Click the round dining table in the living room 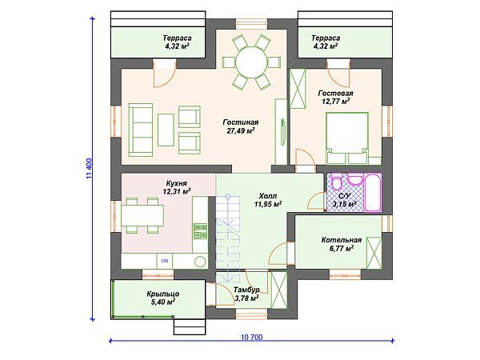251,62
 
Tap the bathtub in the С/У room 373,192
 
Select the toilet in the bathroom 337,182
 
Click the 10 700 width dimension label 252,338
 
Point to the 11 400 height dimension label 89,169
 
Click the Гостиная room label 241,122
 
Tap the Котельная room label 342,240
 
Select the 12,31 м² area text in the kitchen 177,192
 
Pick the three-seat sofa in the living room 141,130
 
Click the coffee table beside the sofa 166,130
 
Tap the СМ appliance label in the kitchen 165,261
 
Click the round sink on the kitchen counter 200,262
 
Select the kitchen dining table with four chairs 142,215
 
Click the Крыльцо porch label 163,294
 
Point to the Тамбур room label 246,290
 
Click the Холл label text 268,196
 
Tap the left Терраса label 178,38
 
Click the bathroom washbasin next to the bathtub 355,180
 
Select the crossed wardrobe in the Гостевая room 298,89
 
